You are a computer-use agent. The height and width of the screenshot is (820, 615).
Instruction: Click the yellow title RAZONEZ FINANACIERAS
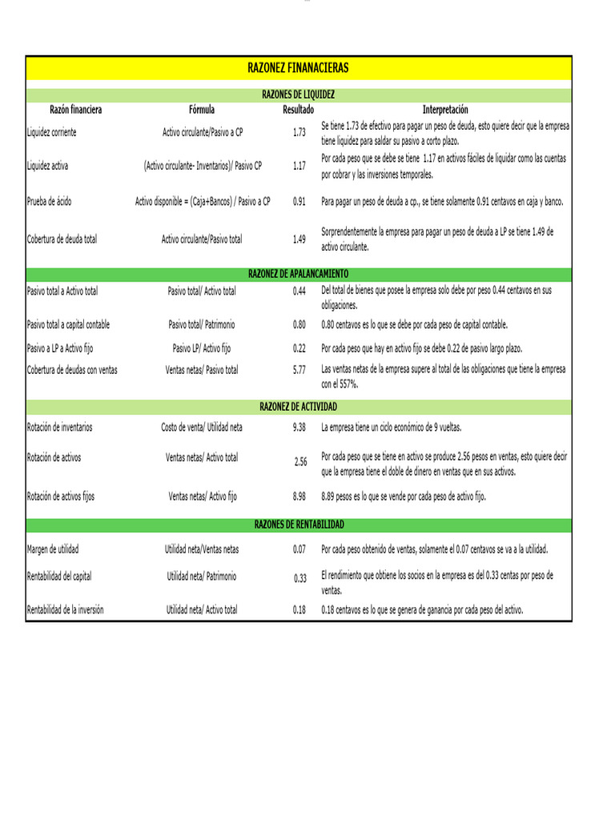[x=298, y=68]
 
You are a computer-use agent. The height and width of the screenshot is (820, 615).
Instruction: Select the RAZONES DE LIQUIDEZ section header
[x=298, y=94]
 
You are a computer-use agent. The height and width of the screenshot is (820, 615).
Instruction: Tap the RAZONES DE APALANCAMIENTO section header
[x=298, y=273]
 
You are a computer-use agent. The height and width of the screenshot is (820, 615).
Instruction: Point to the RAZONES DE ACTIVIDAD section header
[x=298, y=408]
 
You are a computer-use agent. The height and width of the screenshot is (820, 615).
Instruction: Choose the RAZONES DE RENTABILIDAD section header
[x=298, y=525]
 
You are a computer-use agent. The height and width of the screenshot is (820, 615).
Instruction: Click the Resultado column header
[x=298, y=110]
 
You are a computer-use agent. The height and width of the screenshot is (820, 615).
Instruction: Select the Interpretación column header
[x=445, y=110]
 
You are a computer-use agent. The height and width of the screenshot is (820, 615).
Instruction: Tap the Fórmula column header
[x=202, y=110]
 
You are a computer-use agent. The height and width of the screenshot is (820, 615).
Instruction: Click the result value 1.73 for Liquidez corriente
[x=299, y=132]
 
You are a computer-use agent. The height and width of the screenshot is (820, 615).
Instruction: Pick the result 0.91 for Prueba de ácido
[x=299, y=202]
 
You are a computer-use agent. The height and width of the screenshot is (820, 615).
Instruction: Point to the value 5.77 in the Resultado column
[x=299, y=370]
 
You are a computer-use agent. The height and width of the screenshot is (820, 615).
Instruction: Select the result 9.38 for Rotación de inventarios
[x=299, y=427]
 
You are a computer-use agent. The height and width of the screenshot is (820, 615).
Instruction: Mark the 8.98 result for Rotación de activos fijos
[x=299, y=496]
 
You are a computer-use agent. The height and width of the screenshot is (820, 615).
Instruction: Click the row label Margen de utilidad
[x=53, y=549]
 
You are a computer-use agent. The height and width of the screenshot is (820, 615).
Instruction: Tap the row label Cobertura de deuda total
[x=62, y=239]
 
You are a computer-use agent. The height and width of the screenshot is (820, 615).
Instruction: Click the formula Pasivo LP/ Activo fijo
[x=202, y=348]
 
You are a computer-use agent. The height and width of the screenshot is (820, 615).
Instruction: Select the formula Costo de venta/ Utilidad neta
[x=202, y=427]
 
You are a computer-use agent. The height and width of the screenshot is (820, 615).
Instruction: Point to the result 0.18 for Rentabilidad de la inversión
[x=299, y=609]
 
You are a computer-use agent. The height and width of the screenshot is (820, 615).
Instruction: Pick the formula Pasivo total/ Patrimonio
[x=202, y=324]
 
